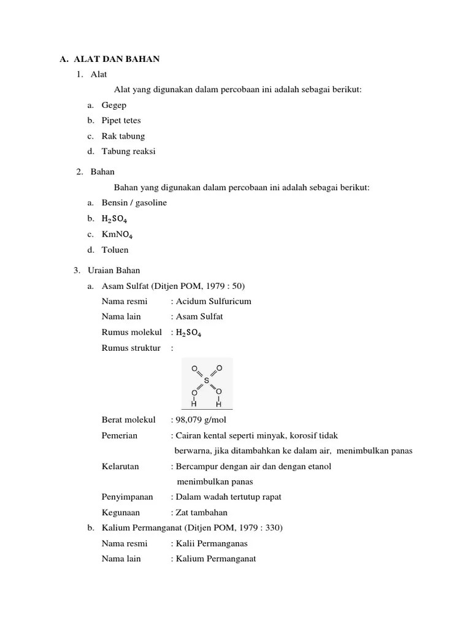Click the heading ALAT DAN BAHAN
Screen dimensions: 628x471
(117, 59)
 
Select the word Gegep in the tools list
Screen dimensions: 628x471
(114, 105)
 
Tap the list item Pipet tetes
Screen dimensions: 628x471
(121, 120)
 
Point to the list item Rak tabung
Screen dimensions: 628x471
(123, 136)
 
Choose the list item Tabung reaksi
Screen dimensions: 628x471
(128, 151)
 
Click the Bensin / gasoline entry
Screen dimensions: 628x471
(134, 202)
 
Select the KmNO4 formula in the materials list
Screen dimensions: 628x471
(118, 234)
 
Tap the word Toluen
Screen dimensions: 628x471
(115, 250)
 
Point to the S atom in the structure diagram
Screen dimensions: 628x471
(207, 380)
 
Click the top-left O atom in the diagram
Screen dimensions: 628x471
(194, 369)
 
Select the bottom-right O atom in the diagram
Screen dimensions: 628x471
(219, 392)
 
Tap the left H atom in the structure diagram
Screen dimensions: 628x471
(194, 404)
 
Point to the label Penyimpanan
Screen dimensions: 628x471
(127, 497)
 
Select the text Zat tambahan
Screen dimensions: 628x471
(202, 512)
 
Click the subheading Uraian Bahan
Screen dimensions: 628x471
(115, 270)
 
